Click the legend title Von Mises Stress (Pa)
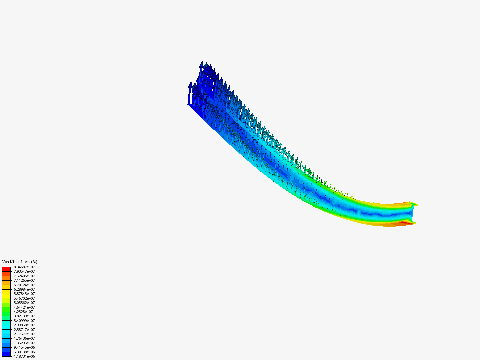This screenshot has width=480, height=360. coord(20,262)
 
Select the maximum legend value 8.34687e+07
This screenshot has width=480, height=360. coord(24,267)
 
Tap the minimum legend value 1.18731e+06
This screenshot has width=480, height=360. coord(24,356)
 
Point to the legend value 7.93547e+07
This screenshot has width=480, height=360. coord(24,271)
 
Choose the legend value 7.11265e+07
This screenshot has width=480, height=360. coord(24,280)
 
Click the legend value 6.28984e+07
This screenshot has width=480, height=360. coord(24,289)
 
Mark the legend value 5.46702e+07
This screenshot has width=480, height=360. coord(24,298)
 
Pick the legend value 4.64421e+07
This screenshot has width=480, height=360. coord(24,307)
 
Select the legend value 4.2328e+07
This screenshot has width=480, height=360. coord(23,312)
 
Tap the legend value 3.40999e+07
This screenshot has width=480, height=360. coord(24,321)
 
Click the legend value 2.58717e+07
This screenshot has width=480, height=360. coord(24,330)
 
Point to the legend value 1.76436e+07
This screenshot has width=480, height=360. coord(24,338)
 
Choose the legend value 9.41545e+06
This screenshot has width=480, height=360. coord(24,347)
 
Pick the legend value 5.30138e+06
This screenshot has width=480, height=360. coord(24,352)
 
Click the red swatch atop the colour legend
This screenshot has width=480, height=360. coord(6,269)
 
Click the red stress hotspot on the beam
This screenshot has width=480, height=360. coord(405,222)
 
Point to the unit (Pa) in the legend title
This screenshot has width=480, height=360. coord(34,262)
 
